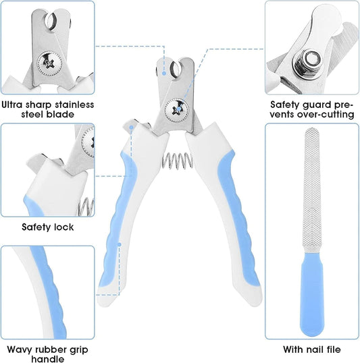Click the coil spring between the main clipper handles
(177, 161)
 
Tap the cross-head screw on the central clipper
(177, 110)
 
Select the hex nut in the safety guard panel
(308, 62)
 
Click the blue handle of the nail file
(312, 294)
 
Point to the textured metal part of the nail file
(312, 190)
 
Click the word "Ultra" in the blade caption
(12, 105)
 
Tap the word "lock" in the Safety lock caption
(63, 227)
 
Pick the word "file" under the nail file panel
(331, 349)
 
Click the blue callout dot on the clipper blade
(164, 73)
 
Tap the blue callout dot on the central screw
(178, 109)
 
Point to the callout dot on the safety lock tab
(132, 128)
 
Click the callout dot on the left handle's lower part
(120, 244)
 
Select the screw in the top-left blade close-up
(49, 63)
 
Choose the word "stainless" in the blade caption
(74, 105)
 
